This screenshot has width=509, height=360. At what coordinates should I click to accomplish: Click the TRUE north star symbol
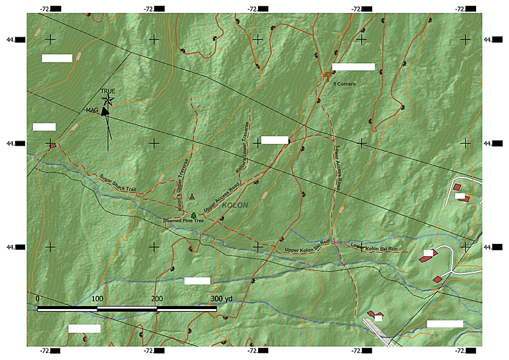[x=108, y=100]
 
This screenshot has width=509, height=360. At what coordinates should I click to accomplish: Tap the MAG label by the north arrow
[x=92, y=110]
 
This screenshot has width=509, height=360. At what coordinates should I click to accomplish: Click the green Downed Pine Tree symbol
[x=193, y=215]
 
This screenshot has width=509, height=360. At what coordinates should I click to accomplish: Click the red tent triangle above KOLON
[x=192, y=195]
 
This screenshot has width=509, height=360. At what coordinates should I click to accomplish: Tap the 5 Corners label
[x=344, y=84]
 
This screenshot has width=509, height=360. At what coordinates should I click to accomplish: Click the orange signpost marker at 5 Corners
[x=326, y=75]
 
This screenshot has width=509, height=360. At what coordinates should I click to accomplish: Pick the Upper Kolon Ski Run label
[x=307, y=247]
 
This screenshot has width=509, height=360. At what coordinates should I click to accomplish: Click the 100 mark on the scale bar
[x=97, y=299]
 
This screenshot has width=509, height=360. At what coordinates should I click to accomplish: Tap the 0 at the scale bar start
[x=38, y=299]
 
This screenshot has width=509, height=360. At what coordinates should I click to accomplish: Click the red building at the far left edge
[x=53, y=146]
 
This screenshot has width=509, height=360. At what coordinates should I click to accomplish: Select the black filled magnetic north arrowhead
[x=105, y=112]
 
